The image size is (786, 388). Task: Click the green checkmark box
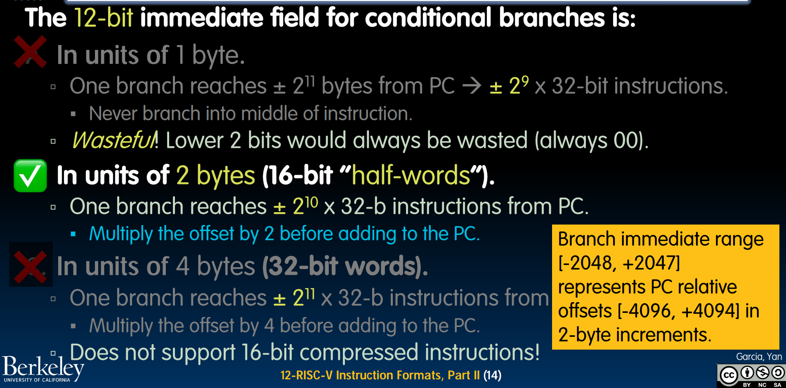(30, 175)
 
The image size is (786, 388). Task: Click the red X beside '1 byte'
(30, 52)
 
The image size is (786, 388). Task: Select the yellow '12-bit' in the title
(104, 18)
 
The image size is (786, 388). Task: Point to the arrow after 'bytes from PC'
(472, 85)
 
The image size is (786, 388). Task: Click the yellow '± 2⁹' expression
(509, 85)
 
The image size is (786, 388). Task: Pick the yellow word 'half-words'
(411, 175)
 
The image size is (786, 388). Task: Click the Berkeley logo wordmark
(43, 368)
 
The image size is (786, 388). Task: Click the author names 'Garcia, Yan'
(759, 357)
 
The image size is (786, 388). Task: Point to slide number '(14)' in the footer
(492, 375)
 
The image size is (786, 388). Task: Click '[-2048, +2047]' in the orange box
(619, 263)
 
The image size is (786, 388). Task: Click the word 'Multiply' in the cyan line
(121, 234)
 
